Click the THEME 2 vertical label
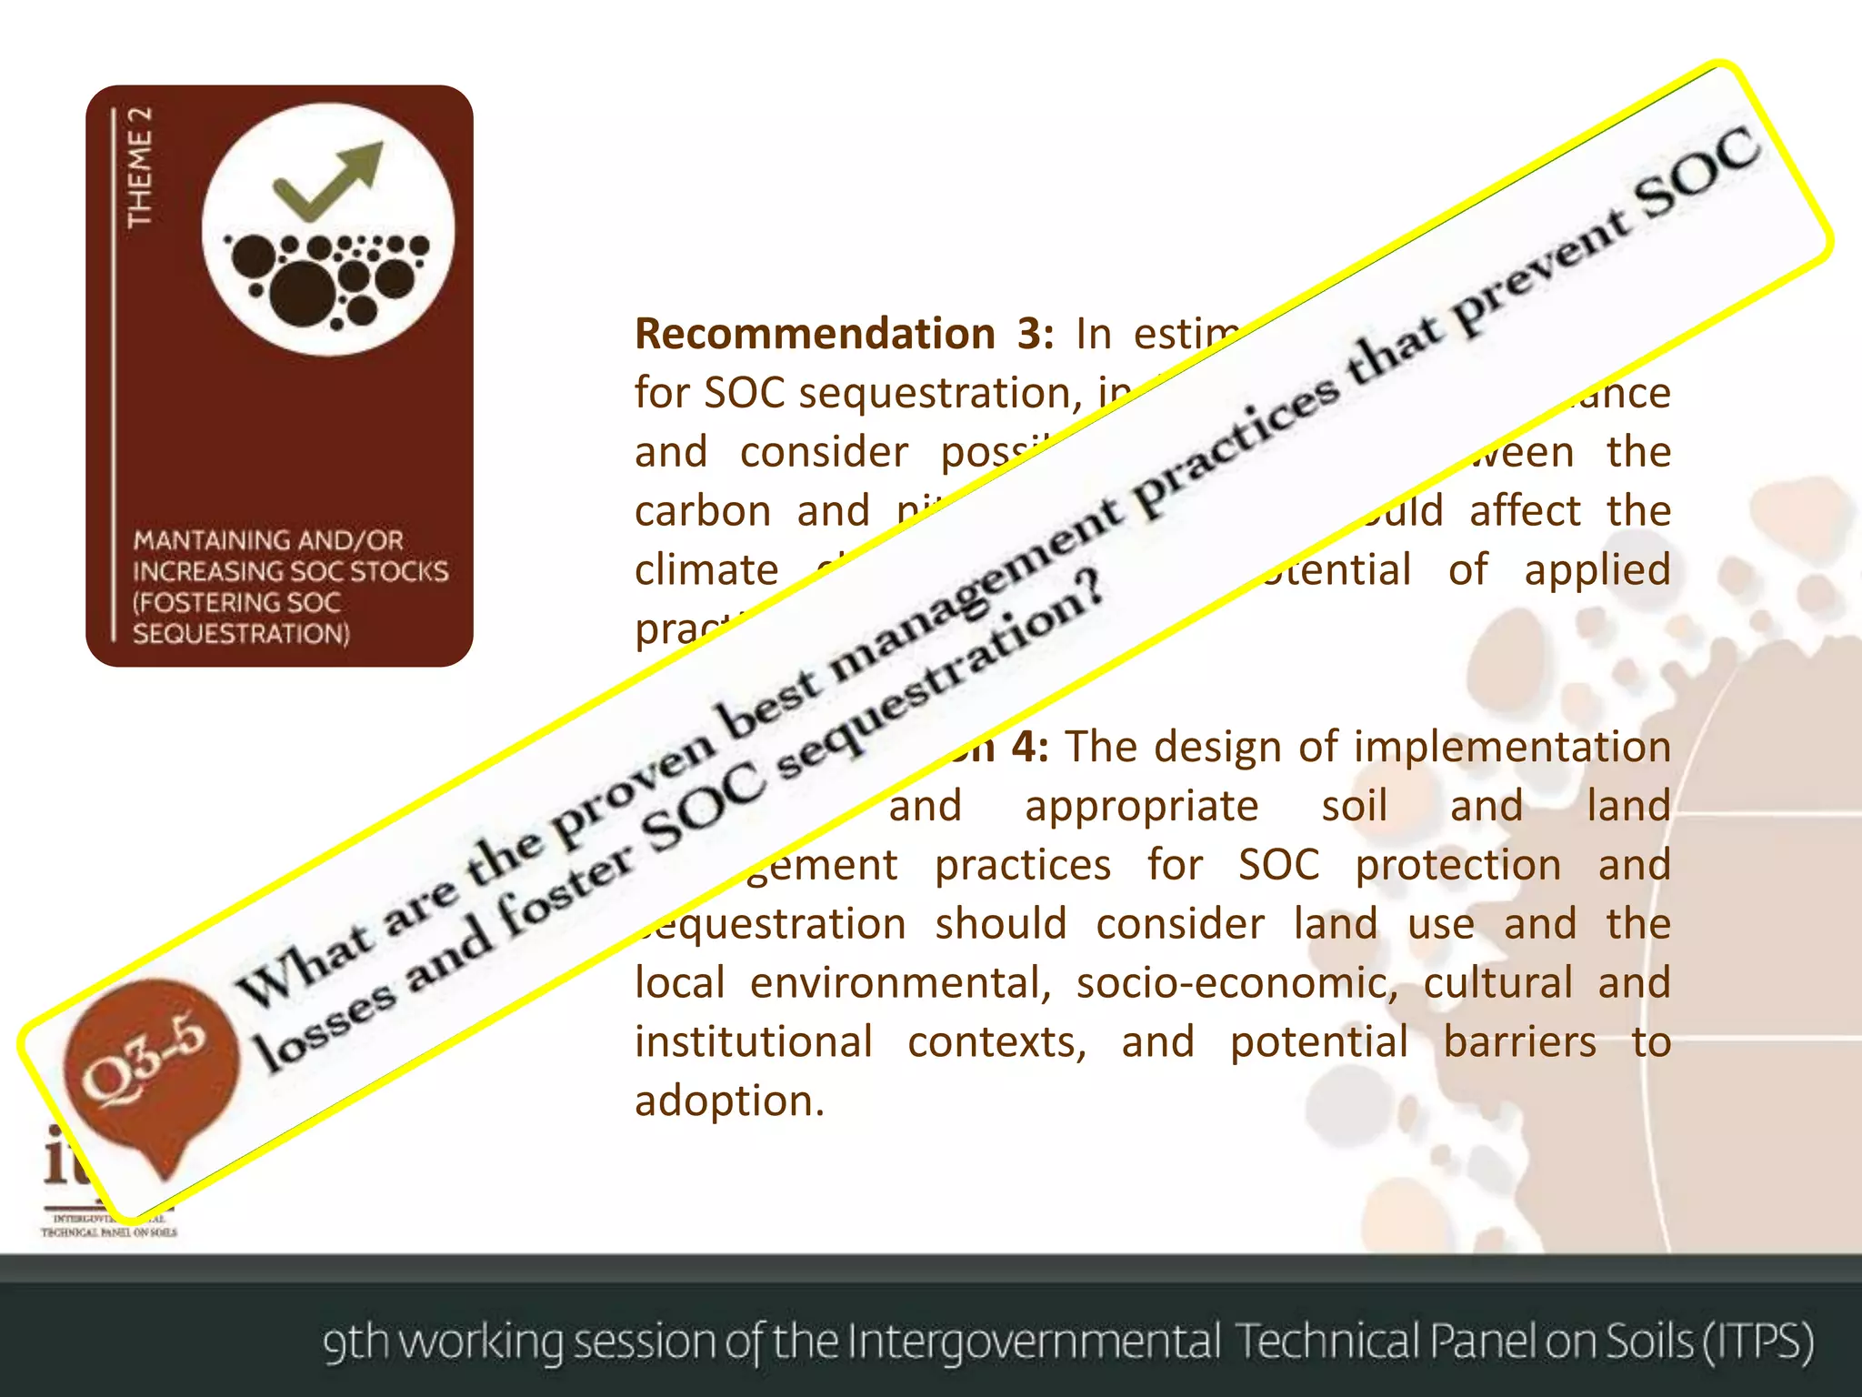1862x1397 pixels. (x=138, y=167)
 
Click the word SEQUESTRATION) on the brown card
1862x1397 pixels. (x=241, y=633)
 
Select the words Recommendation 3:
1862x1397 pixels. (x=844, y=334)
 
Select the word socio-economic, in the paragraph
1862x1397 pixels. (x=1236, y=983)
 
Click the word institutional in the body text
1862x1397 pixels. (x=754, y=1042)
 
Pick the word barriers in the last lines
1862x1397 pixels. (x=1519, y=1042)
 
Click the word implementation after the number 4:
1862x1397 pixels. (x=1512, y=747)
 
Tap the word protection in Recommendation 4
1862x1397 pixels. (x=1457, y=865)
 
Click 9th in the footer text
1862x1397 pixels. (x=355, y=1342)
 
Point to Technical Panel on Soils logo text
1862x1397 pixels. (x=109, y=1232)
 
